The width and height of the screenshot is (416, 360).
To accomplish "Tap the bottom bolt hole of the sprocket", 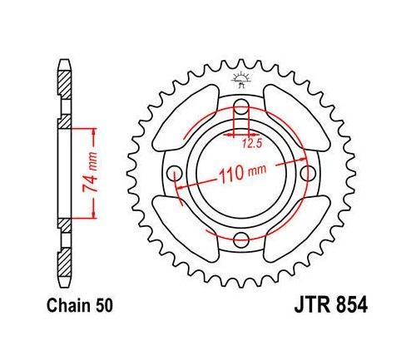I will click(x=241, y=240).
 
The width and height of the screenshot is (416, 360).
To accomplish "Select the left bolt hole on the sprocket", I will click(x=175, y=173).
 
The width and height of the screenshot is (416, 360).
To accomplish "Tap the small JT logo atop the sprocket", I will click(x=241, y=78).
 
